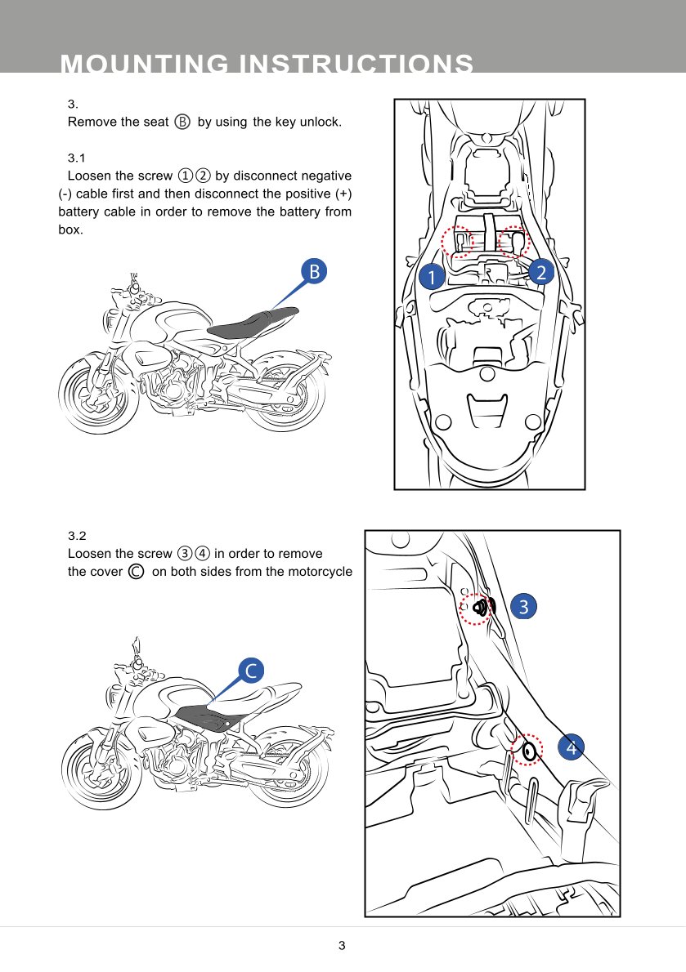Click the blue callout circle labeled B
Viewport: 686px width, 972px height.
(313, 272)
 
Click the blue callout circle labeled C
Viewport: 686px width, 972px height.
(251, 671)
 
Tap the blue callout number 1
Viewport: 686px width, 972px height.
(431, 277)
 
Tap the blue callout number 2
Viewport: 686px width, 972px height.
(540, 273)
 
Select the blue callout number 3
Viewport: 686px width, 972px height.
(523, 606)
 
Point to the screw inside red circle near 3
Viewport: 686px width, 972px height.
(479, 608)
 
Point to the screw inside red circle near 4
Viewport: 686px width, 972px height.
(529, 750)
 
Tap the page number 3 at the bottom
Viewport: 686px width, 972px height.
(342, 946)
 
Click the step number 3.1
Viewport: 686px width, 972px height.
(76, 157)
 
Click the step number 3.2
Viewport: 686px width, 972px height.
(77, 536)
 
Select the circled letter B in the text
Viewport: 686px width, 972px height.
(182, 122)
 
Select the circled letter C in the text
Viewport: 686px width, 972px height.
(137, 572)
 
